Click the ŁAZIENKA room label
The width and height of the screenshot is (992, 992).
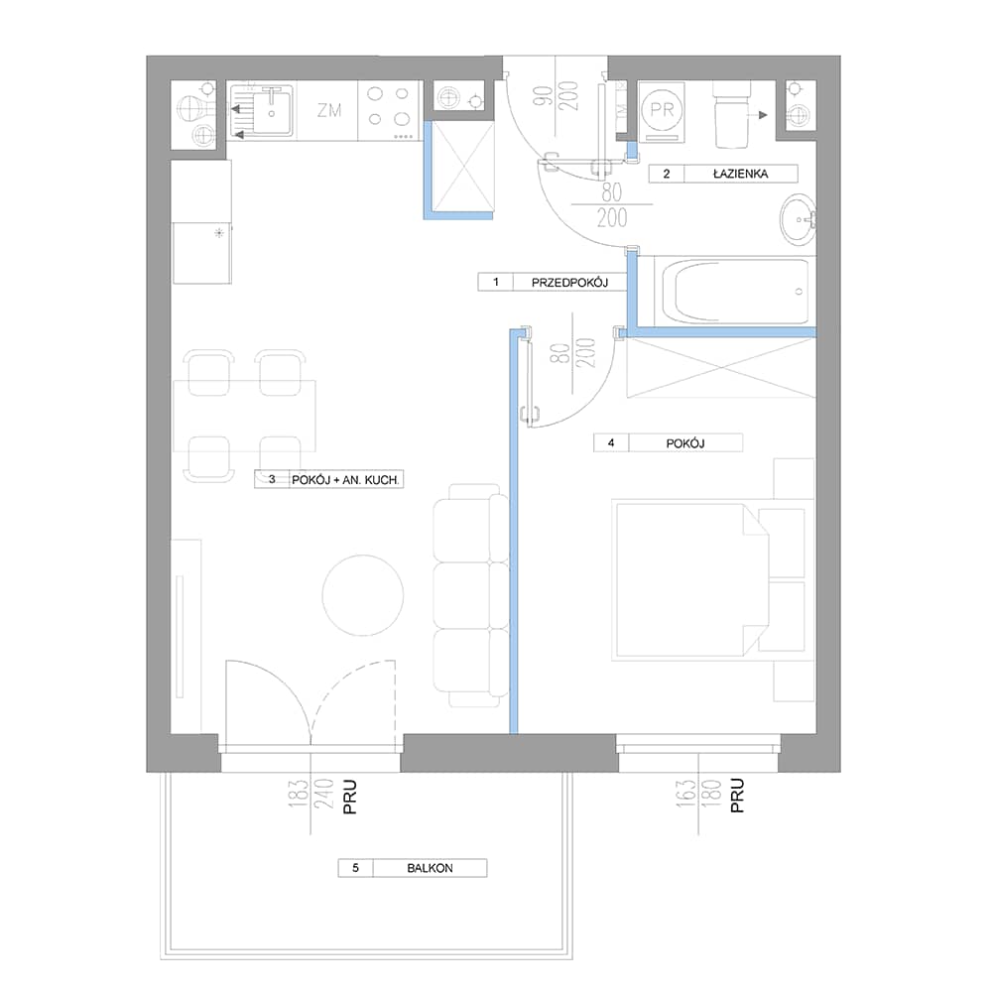click(x=740, y=174)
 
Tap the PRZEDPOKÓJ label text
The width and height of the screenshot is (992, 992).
click(x=569, y=282)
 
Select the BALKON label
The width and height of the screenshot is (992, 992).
click(x=430, y=868)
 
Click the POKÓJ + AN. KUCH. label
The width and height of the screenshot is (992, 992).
click(x=345, y=480)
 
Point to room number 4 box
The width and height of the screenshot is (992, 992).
click(x=611, y=442)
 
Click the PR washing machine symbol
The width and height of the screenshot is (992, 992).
click(x=663, y=111)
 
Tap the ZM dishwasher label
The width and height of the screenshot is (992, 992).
click(x=329, y=111)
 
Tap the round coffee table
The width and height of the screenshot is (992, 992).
click(x=362, y=595)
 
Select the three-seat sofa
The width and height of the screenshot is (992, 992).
click(x=470, y=595)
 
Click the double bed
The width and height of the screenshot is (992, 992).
click(x=692, y=579)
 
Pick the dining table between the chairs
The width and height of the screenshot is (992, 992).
click(x=244, y=416)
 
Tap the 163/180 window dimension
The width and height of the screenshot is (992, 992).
click(x=697, y=796)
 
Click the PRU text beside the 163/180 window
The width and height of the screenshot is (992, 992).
click(x=737, y=796)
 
